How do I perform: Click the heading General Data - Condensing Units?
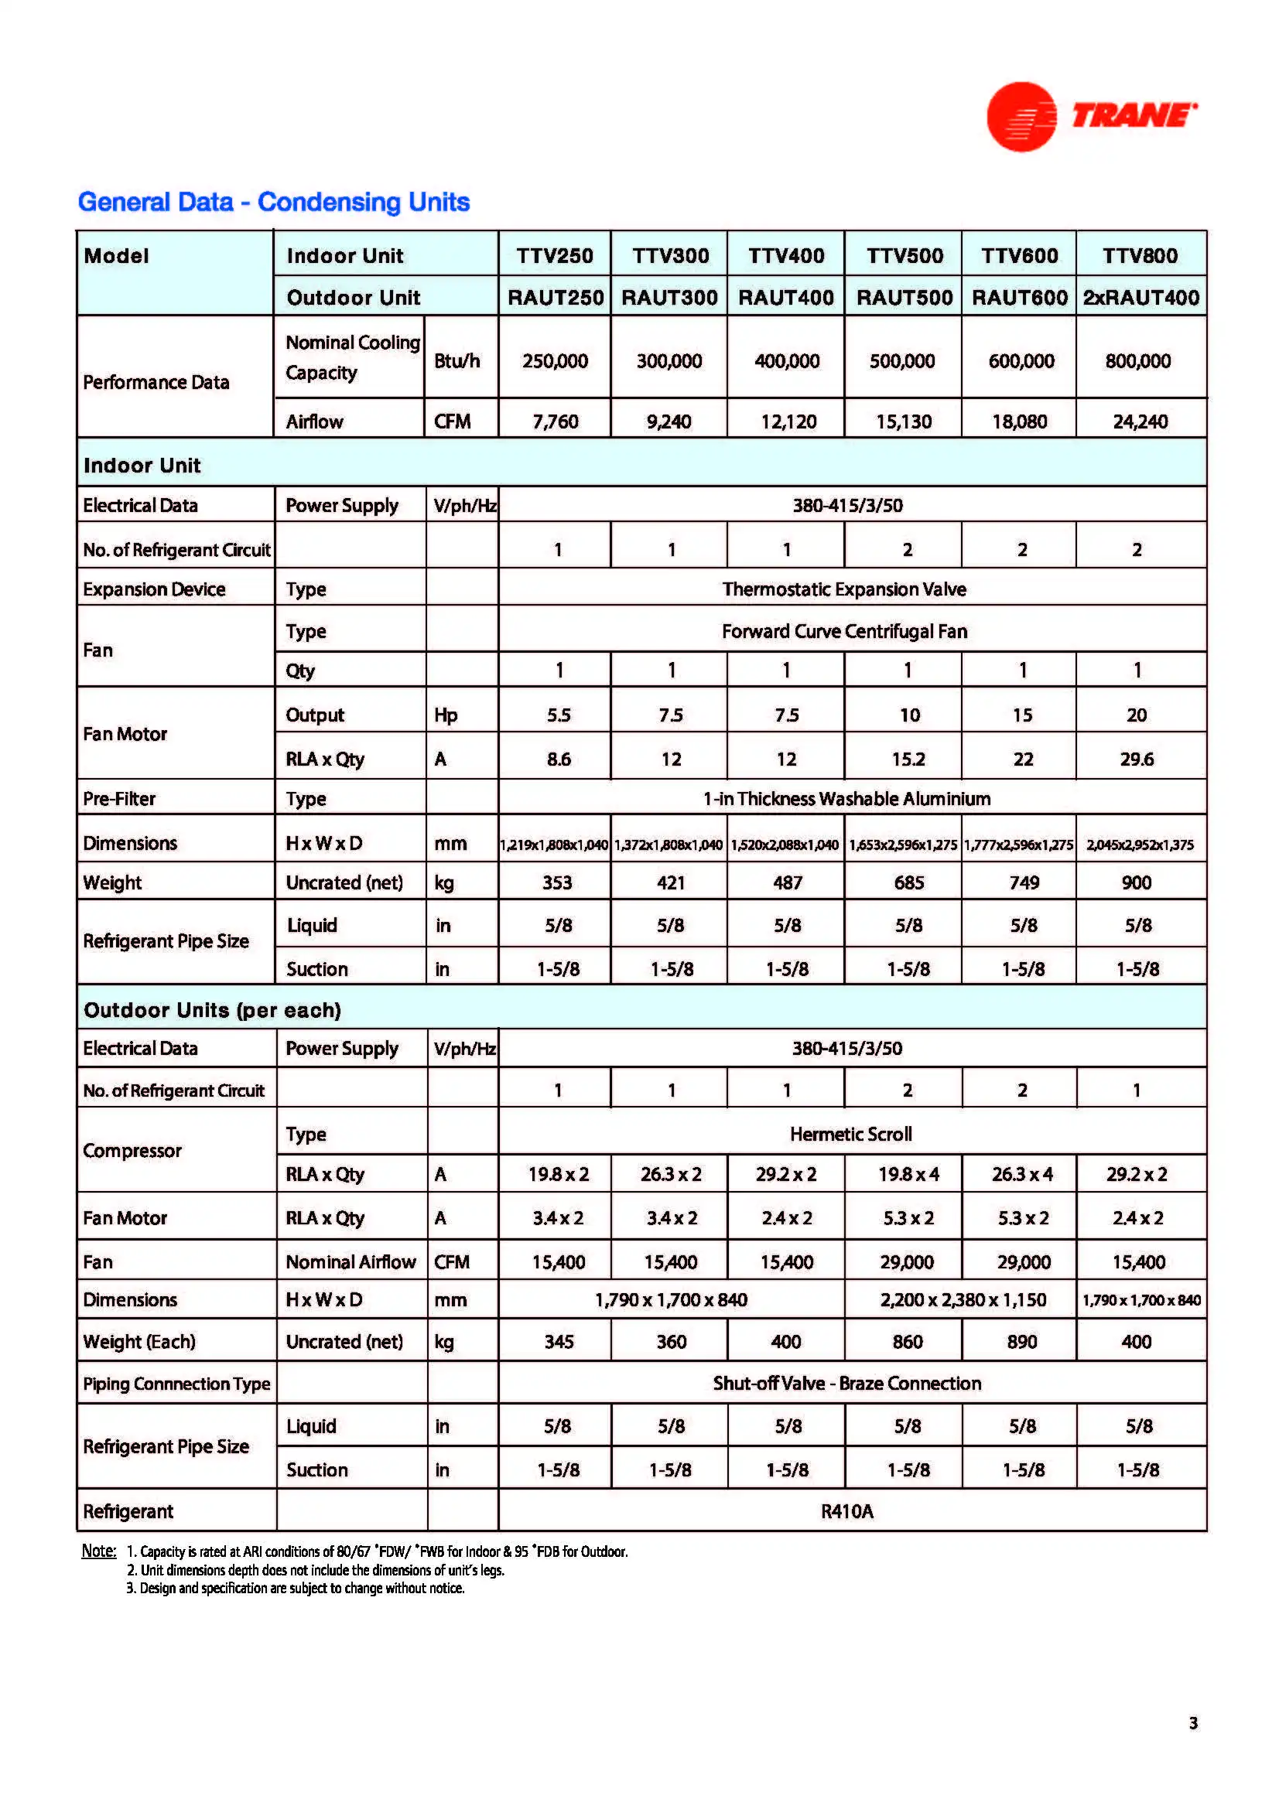click(273, 203)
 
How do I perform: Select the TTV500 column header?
click(904, 256)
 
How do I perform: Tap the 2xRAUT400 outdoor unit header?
click(1140, 298)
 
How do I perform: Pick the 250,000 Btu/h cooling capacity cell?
click(555, 361)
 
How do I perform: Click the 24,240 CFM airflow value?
click(1140, 422)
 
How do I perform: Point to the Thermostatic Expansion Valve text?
click(844, 589)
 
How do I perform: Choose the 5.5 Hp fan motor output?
click(559, 715)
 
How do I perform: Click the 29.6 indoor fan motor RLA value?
click(1137, 759)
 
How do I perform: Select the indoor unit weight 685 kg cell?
click(908, 883)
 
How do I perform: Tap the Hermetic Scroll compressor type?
click(850, 1135)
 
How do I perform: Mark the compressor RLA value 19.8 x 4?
click(908, 1175)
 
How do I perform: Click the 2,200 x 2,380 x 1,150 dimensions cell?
click(963, 1300)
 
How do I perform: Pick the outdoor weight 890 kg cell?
click(1021, 1342)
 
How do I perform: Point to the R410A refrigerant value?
click(847, 1511)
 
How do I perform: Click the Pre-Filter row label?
click(120, 799)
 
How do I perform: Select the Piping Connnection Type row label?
click(176, 1384)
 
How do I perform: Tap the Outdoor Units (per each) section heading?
click(212, 1010)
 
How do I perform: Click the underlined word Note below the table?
click(98, 1551)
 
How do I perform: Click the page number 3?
click(1193, 1723)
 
